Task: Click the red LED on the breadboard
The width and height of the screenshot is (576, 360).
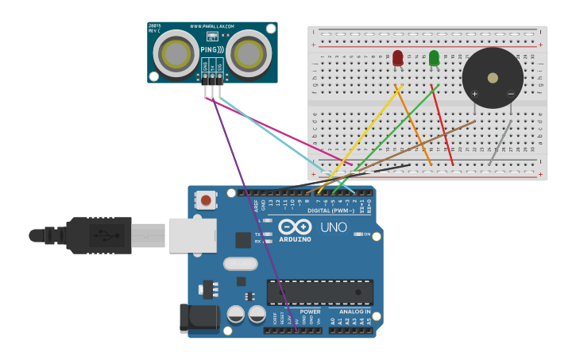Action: pyautogui.click(x=398, y=57)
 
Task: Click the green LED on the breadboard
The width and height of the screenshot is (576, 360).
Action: pyautogui.click(x=434, y=58)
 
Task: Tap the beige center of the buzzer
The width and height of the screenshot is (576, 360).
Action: pyautogui.click(x=493, y=78)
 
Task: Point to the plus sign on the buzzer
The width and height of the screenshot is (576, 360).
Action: pyautogui.click(x=475, y=95)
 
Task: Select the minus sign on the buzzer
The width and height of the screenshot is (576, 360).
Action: pyautogui.click(x=510, y=95)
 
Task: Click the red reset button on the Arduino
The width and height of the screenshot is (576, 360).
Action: pyautogui.click(x=207, y=200)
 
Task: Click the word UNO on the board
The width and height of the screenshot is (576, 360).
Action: pyautogui.click(x=334, y=227)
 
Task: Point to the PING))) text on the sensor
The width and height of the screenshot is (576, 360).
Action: pyautogui.click(x=211, y=50)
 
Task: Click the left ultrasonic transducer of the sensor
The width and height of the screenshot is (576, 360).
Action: pyautogui.click(x=176, y=53)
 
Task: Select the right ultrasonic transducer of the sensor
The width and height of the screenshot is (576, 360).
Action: pyautogui.click(x=249, y=53)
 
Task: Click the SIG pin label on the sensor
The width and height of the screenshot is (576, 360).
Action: pyautogui.click(x=220, y=69)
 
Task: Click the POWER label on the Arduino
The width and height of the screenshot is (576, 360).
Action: pyautogui.click(x=310, y=312)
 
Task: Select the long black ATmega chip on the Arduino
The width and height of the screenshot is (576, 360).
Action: pyautogui.click(x=319, y=292)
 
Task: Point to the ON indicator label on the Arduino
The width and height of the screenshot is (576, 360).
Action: pyautogui.click(x=367, y=234)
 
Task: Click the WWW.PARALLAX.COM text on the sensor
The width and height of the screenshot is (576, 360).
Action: pyautogui.click(x=211, y=26)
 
